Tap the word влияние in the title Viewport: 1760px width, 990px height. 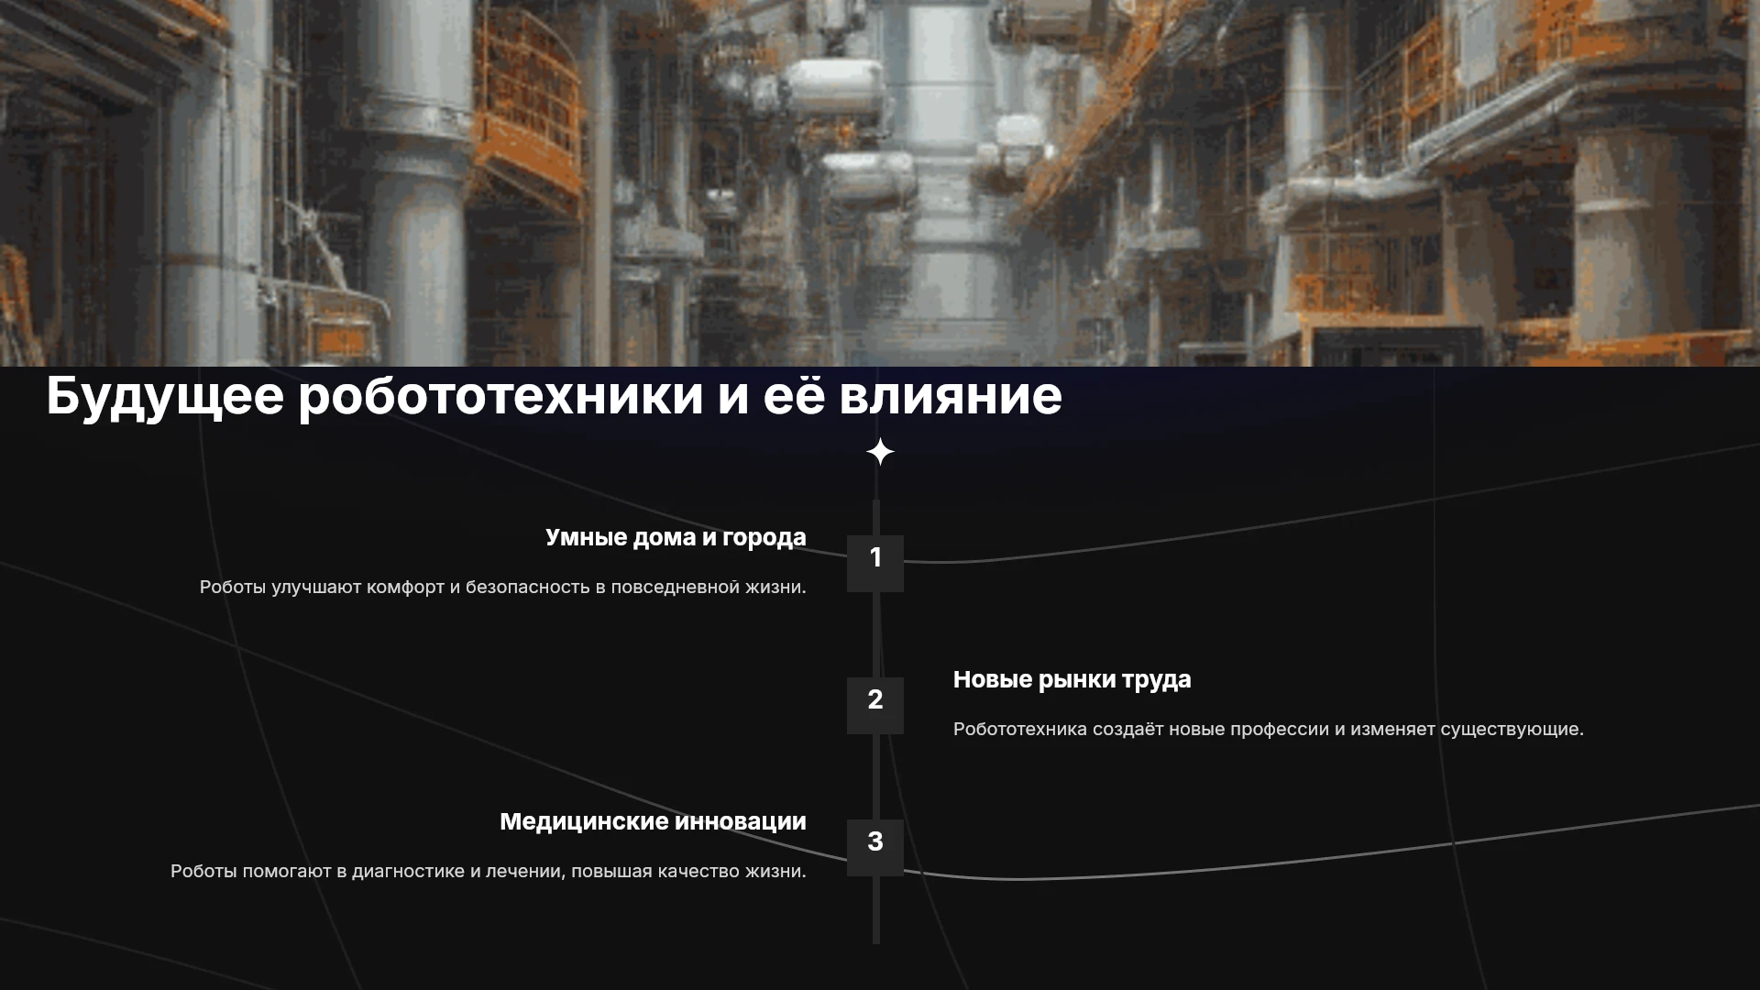[951, 396]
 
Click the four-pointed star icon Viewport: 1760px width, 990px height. [880, 452]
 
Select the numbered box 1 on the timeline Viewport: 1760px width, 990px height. [875, 564]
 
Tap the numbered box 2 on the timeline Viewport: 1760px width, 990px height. [875, 706]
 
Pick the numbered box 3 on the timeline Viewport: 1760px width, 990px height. [875, 848]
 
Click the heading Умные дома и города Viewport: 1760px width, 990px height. [676, 538]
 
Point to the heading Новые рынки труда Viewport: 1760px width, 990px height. [1072, 680]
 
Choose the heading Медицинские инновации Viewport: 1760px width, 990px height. [653, 821]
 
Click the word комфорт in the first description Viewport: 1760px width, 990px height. [405, 588]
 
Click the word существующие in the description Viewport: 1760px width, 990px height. [1512, 730]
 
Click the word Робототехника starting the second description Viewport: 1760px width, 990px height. [1020, 729]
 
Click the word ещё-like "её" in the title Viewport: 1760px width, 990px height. [793, 396]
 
